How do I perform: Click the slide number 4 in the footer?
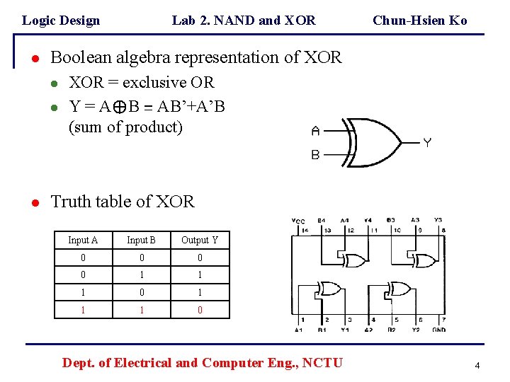(477, 366)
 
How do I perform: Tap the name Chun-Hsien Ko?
(419, 21)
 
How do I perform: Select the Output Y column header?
(200, 241)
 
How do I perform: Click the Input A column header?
(83, 241)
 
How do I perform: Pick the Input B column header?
(141, 241)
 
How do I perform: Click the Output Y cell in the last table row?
(200, 310)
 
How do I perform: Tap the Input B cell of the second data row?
(141, 275)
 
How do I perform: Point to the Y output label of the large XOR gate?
(427, 143)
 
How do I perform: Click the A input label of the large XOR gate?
(315, 131)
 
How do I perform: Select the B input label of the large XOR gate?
(315, 155)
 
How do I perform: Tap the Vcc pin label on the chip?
(298, 221)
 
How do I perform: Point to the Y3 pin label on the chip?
(438, 220)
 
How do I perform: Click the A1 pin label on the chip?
(299, 330)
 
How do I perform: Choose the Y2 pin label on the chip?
(416, 330)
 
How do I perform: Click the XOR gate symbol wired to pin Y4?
(353, 260)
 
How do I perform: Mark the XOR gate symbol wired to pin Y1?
(330, 289)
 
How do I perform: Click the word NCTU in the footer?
(323, 363)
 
